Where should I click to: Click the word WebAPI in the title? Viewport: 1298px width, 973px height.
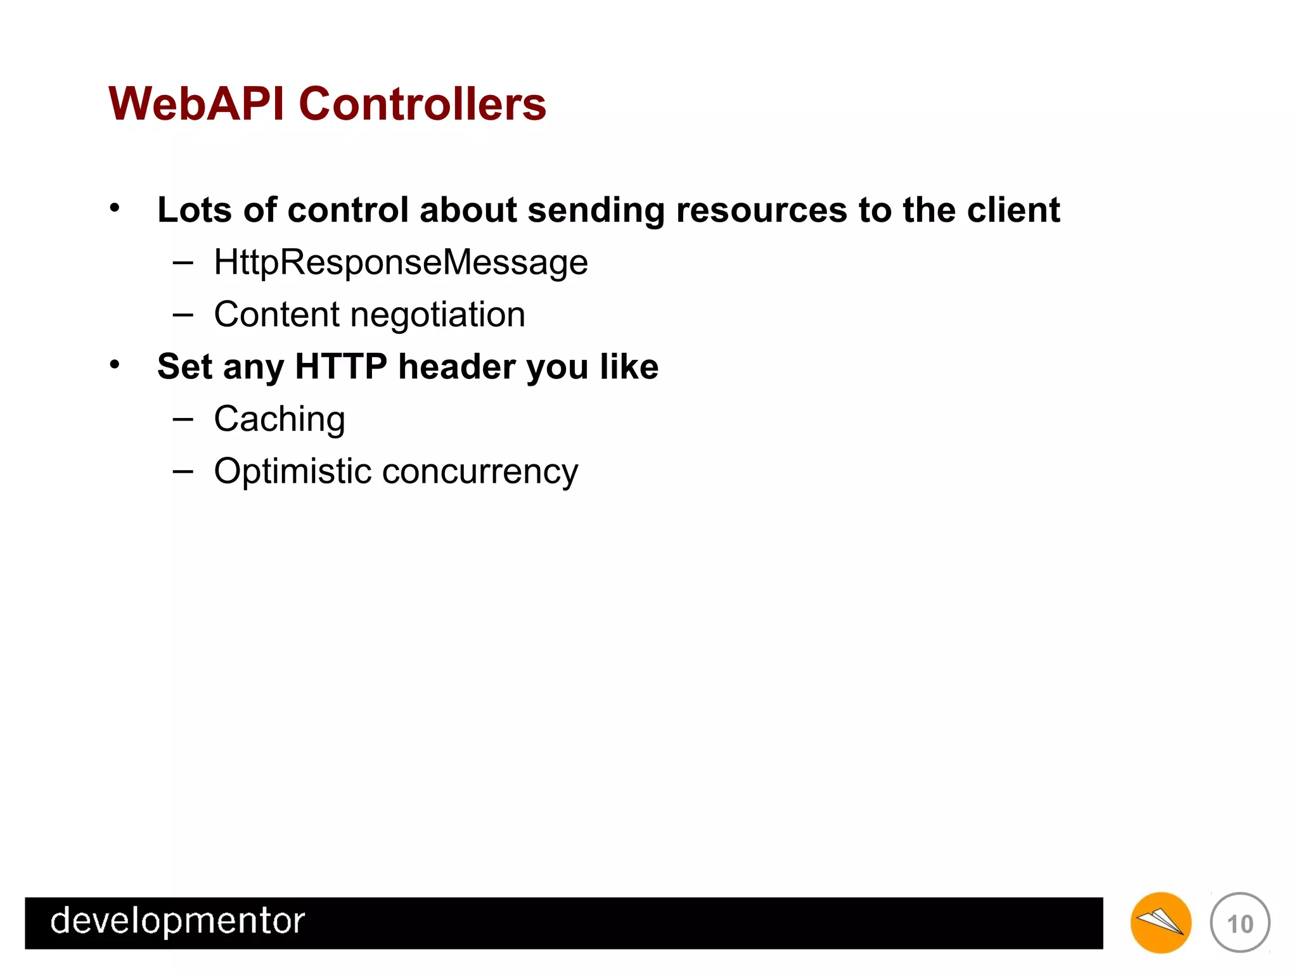[196, 104]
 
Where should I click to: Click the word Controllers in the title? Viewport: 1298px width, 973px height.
[422, 104]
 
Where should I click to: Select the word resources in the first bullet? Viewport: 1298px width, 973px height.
[761, 210]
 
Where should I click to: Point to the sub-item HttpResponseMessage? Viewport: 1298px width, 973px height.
[401, 262]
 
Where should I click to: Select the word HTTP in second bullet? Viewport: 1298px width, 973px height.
[341, 367]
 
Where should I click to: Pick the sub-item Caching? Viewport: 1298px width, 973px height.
[280, 419]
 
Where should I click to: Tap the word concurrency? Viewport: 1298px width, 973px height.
[480, 472]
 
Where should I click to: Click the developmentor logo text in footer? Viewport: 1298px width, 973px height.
[177, 921]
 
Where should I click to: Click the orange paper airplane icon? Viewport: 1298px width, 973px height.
[1160, 923]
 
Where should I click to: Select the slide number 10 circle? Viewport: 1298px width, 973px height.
[1240, 923]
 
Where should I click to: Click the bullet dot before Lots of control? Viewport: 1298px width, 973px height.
[114, 208]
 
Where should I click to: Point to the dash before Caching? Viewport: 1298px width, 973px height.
[183, 419]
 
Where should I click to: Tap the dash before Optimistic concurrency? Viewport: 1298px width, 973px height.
[183, 471]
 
